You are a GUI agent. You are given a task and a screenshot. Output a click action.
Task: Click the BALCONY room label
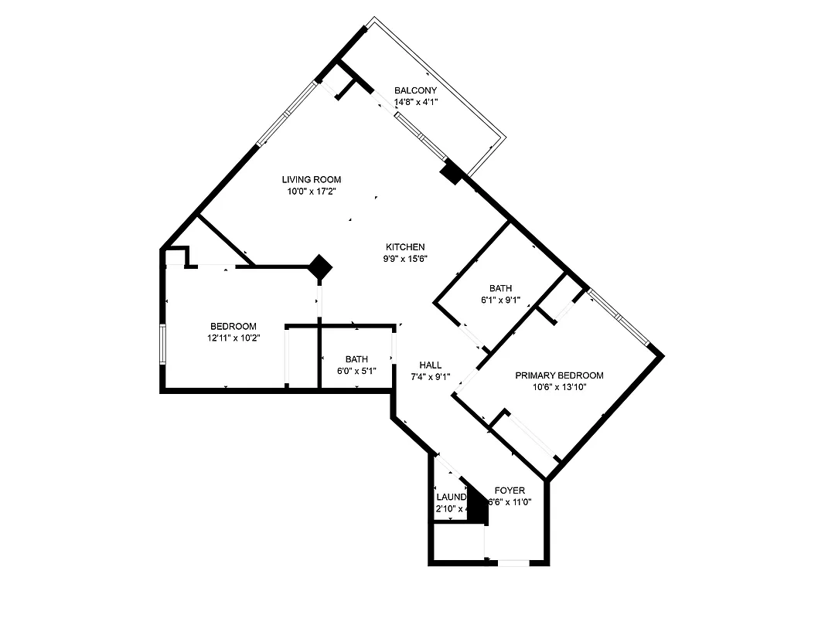click(x=415, y=90)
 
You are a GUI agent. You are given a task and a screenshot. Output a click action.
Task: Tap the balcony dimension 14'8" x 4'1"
click(x=415, y=102)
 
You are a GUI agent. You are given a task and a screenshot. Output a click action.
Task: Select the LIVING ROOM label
click(x=311, y=180)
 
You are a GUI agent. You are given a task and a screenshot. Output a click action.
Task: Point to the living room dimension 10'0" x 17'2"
click(x=311, y=192)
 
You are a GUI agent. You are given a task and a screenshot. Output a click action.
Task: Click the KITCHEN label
click(x=405, y=247)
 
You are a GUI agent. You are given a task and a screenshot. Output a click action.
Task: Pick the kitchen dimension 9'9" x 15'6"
click(x=405, y=259)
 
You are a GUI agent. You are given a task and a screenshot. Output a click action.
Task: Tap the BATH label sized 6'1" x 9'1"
click(x=500, y=289)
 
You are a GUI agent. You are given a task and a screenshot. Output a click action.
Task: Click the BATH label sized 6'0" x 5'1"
click(x=356, y=359)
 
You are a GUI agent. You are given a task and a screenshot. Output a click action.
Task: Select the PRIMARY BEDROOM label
click(x=559, y=376)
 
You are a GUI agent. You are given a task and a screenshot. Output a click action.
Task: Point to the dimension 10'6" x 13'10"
click(x=559, y=388)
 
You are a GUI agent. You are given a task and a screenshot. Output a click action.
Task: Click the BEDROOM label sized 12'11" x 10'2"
click(x=234, y=327)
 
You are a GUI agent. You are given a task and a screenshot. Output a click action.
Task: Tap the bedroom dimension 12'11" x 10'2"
click(x=234, y=338)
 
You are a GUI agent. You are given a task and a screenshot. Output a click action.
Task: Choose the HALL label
click(x=430, y=365)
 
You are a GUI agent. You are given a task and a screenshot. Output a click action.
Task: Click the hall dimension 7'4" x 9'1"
click(x=430, y=377)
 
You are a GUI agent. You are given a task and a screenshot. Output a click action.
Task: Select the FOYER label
click(x=510, y=491)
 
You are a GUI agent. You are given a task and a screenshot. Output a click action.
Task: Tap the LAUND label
click(x=451, y=497)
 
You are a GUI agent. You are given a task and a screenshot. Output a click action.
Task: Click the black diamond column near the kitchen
click(x=320, y=267)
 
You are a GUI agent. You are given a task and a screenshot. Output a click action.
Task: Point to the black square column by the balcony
click(x=451, y=173)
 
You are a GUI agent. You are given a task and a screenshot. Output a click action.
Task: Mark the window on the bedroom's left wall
click(x=162, y=344)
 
